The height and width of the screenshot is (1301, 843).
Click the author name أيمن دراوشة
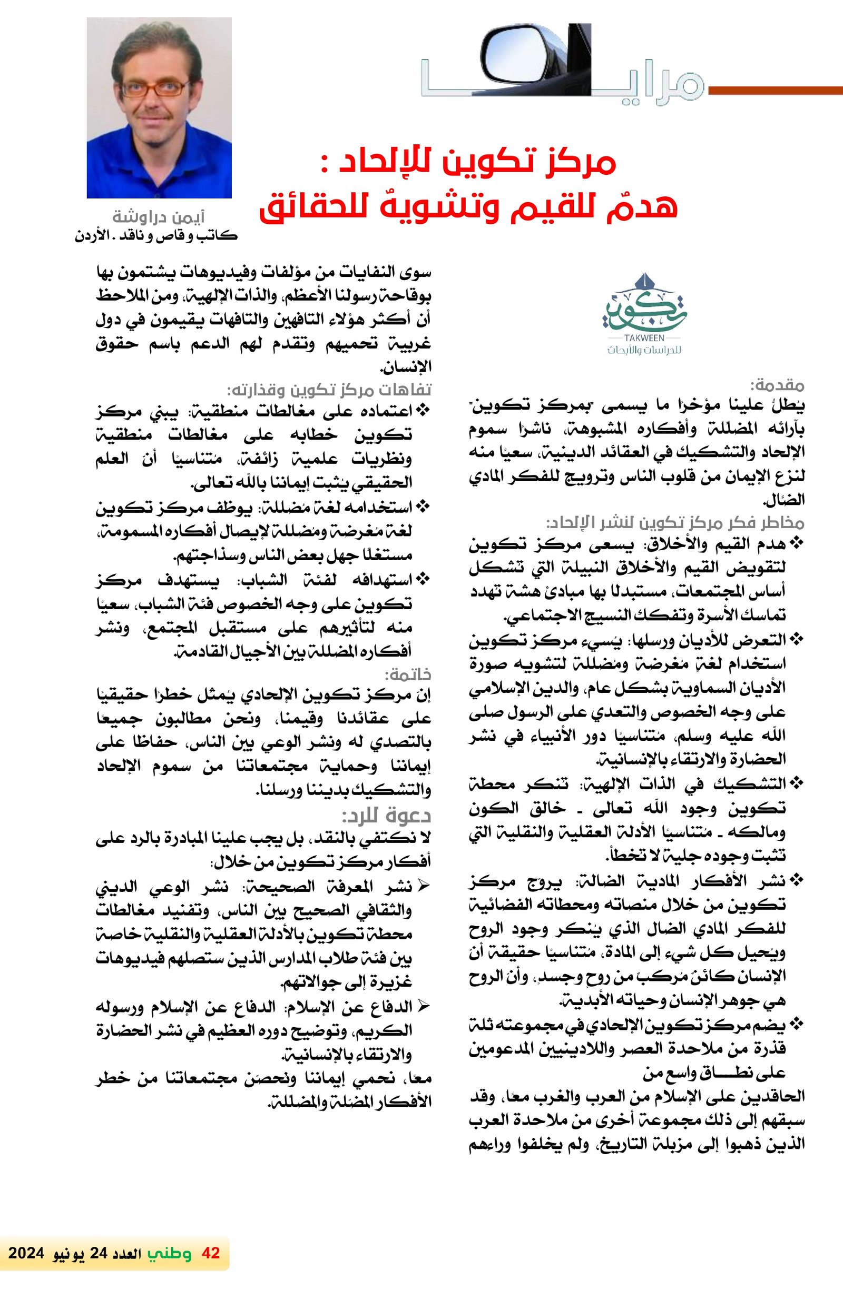coord(158,217)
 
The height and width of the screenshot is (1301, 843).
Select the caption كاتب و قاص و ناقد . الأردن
coord(156,237)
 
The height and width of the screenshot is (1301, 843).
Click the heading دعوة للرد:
coord(387,817)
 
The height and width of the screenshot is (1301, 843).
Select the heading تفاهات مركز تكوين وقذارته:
coord(329,390)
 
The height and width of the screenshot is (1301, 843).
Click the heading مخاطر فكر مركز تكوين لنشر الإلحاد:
coord(675,523)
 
